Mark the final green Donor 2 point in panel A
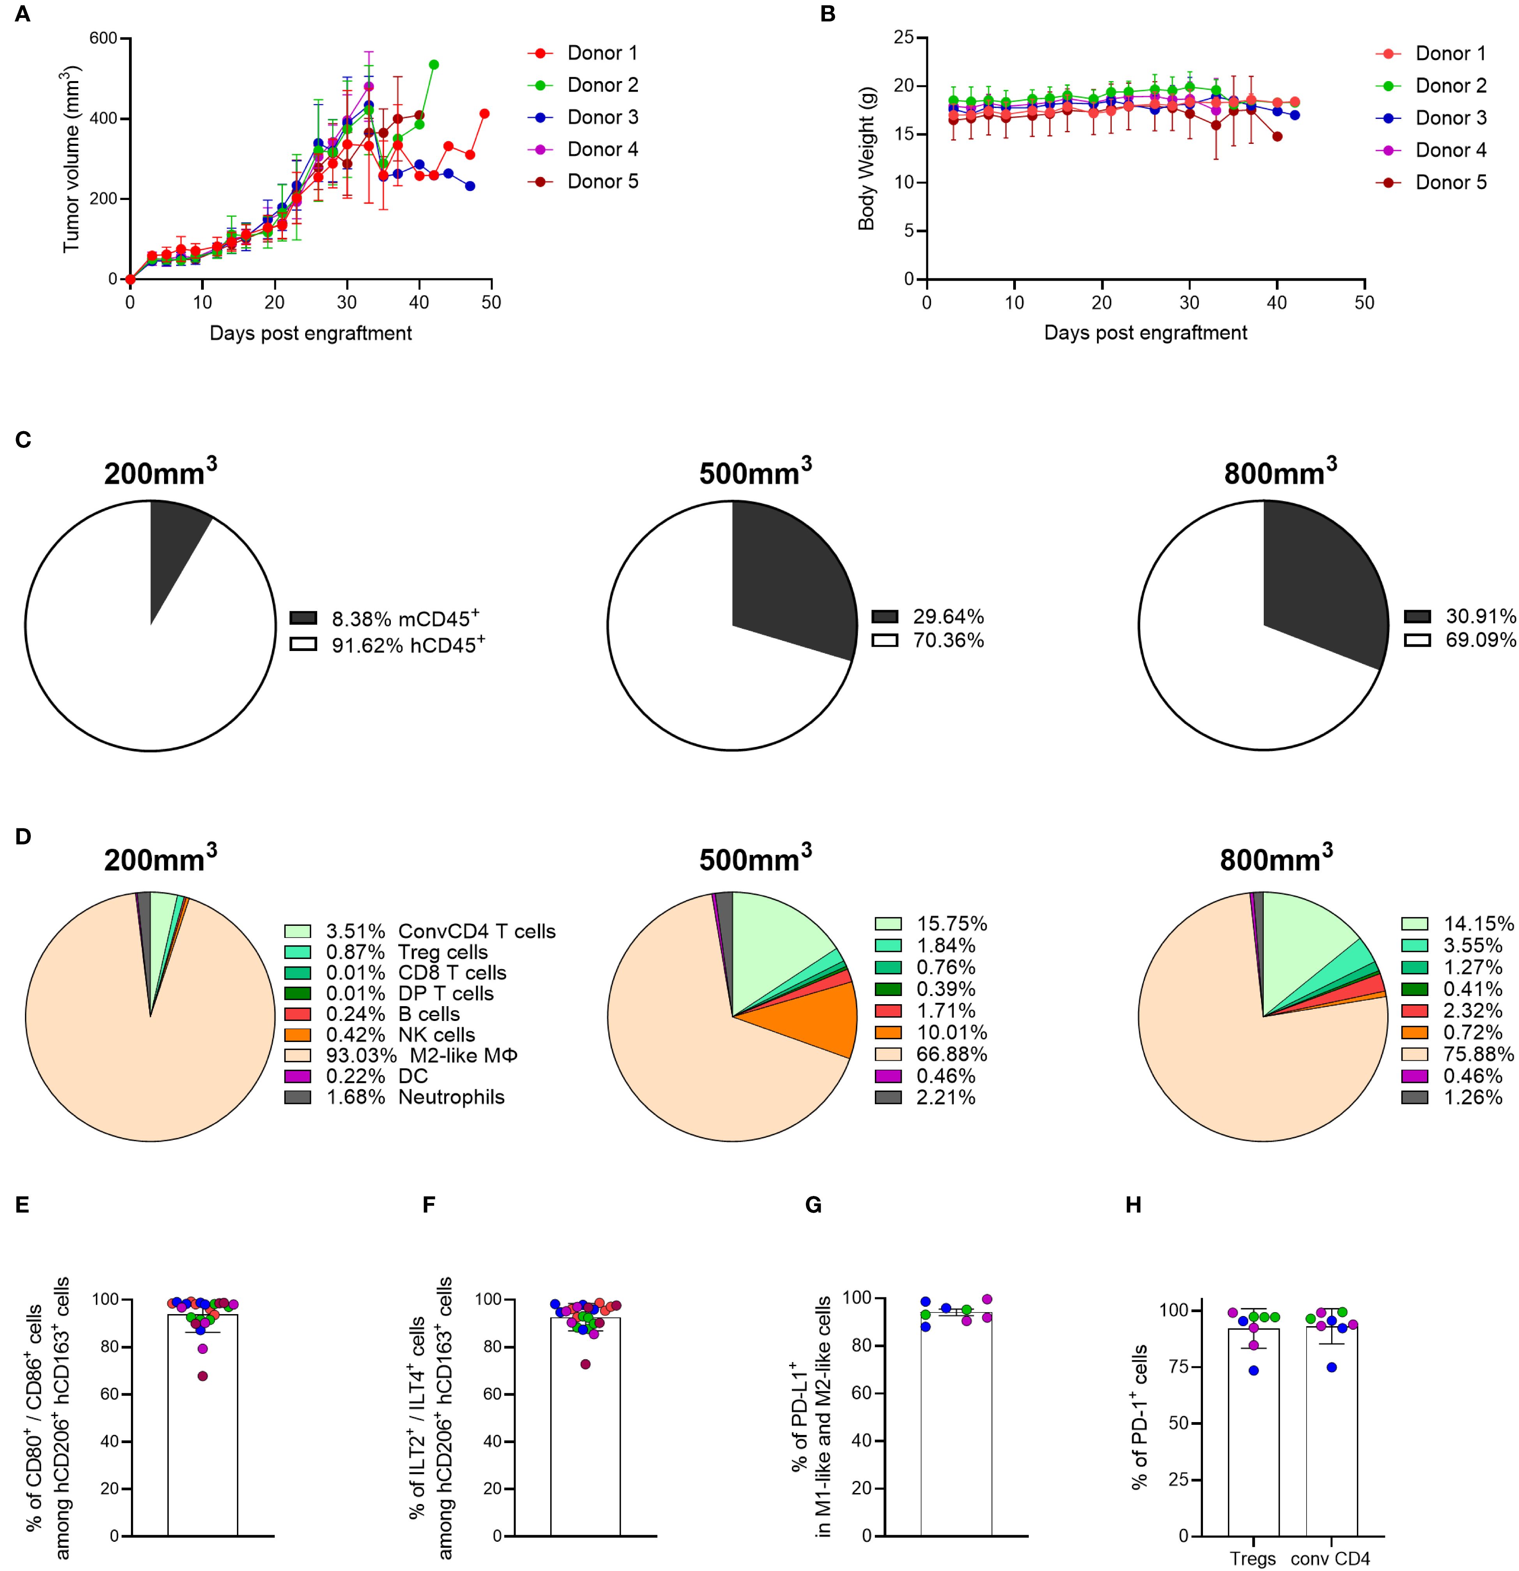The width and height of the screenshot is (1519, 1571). click(x=433, y=64)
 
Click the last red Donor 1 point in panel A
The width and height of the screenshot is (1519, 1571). click(x=484, y=114)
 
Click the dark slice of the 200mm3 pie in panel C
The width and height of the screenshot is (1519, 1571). click(x=175, y=545)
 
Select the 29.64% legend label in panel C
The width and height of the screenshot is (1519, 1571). click(x=948, y=616)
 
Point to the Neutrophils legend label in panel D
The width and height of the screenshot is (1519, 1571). click(x=451, y=1097)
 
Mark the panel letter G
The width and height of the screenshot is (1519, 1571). click(x=813, y=1205)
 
